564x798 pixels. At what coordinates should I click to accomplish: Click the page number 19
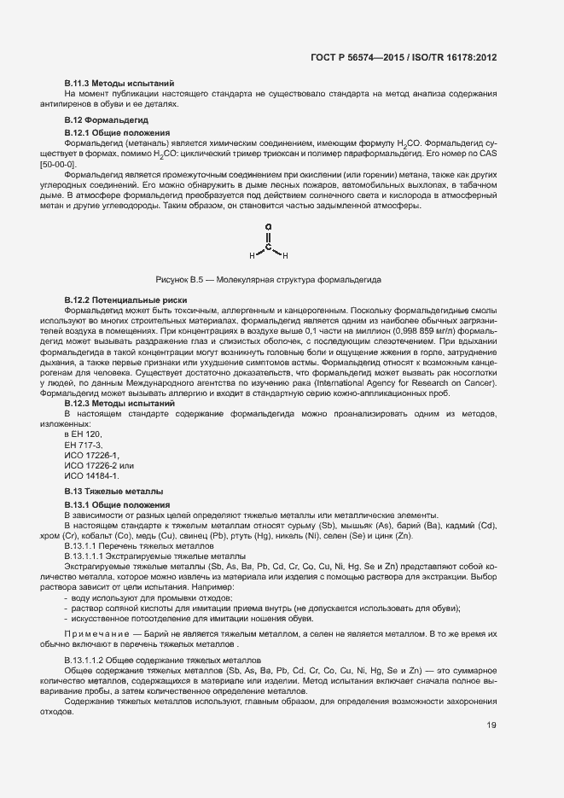[x=491, y=702]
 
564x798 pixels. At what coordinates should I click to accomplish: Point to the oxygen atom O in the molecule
[x=268, y=228]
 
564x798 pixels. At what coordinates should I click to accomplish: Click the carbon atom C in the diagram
[x=268, y=247]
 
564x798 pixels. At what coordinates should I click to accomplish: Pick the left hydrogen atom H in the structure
[x=252, y=256]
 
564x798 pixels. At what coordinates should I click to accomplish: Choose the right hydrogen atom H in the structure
[x=285, y=256]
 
